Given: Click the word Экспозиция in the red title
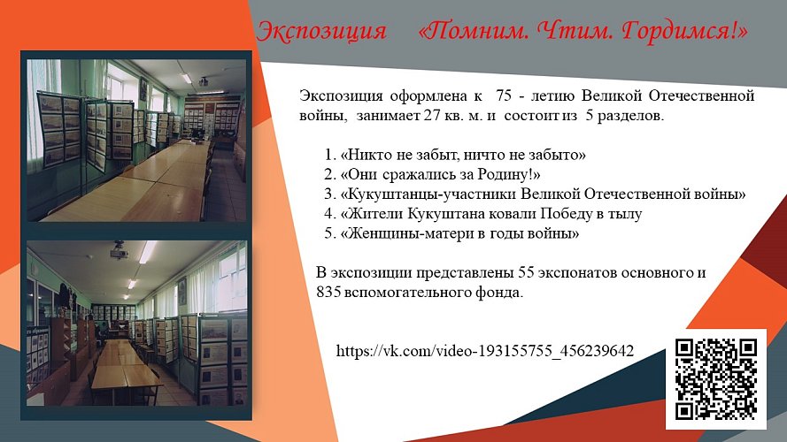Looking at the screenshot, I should point(321,32).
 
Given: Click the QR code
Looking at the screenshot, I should point(715,378).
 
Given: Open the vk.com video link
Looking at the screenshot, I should point(485,351).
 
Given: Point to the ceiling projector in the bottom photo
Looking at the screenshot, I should point(116,254).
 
